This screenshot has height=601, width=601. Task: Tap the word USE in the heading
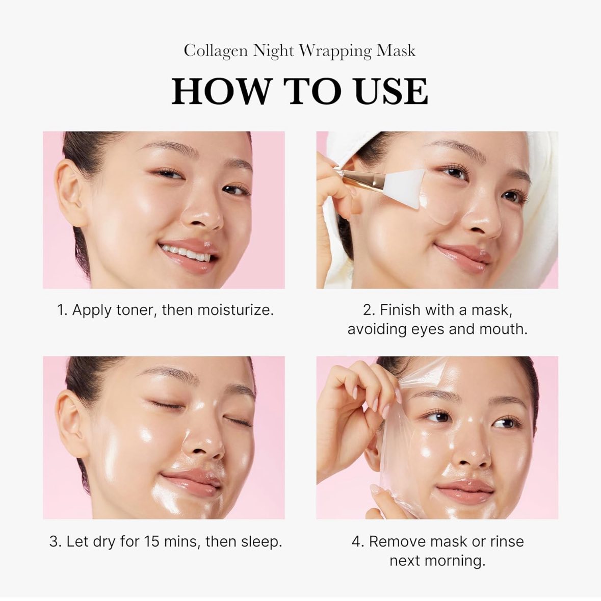391,91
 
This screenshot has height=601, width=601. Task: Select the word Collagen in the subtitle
216,51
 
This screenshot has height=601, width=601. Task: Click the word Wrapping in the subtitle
335,51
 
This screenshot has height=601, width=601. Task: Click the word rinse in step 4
507,541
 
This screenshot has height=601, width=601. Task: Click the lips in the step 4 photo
464,490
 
